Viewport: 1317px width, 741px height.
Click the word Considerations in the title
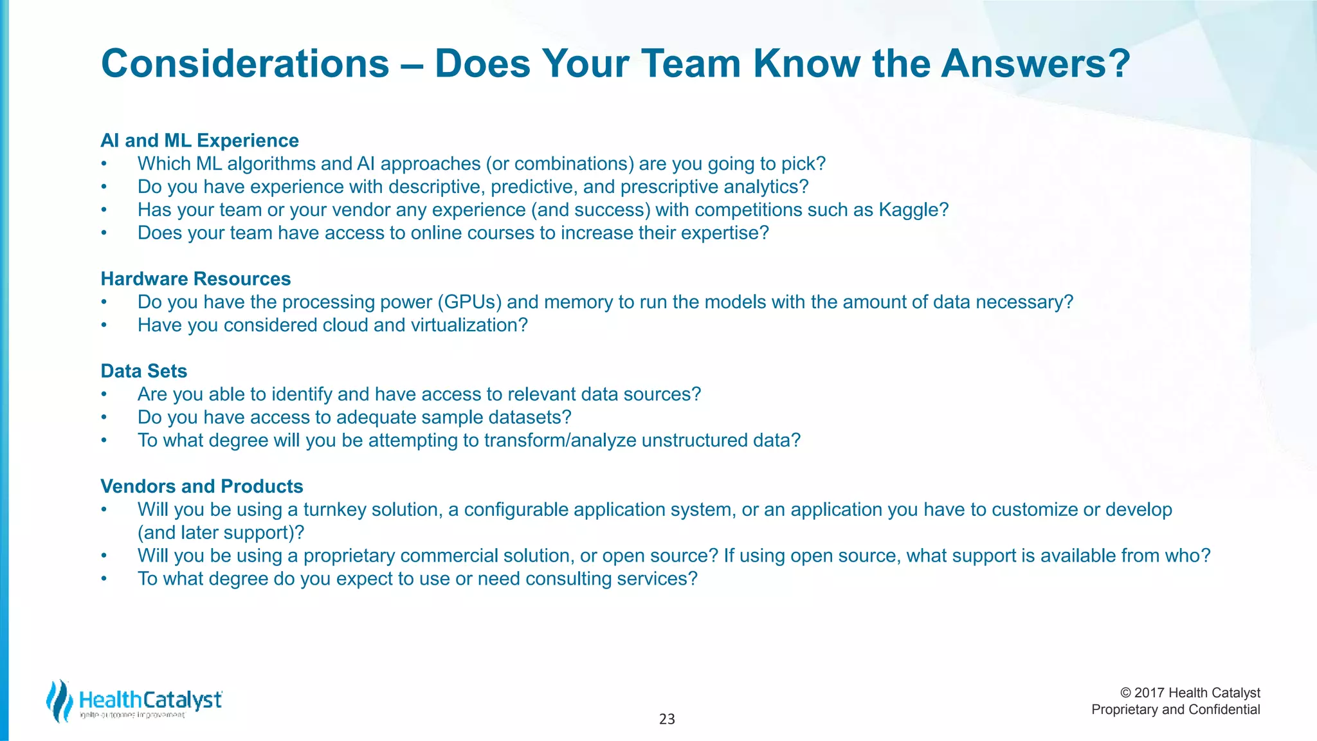point(245,64)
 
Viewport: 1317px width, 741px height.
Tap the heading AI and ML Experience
point(199,140)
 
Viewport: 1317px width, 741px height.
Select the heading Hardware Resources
point(195,279)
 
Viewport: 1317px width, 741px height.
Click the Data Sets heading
point(143,370)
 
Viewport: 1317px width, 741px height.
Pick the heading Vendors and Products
point(201,486)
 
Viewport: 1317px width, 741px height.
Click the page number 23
point(667,719)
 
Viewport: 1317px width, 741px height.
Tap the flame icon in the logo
point(59,701)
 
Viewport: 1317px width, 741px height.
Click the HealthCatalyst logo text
point(150,700)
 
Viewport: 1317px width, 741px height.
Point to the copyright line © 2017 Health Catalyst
point(1190,693)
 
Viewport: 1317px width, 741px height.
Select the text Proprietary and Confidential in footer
point(1176,709)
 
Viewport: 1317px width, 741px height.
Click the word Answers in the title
point(1035,64)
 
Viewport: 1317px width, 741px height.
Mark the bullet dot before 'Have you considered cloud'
point(104,325)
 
